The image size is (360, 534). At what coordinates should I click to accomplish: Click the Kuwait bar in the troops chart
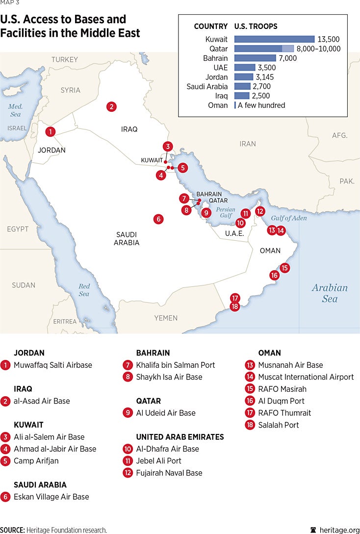tap(274, 39)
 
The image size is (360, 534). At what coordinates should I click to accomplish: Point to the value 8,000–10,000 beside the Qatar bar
tap(318, 49)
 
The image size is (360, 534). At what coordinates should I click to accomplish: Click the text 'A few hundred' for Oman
tap(261, 105)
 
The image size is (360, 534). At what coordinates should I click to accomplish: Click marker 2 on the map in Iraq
tap(112, 106)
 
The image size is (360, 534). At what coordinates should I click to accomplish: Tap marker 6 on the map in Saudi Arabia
tap(158, 219)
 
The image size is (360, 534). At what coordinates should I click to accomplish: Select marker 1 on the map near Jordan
tap(50, 131)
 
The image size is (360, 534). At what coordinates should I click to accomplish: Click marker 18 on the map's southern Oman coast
tap(235, 306)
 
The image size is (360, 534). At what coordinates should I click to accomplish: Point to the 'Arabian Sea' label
tap(330, 293)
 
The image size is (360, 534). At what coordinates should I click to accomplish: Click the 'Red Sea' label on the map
tap(84, 290)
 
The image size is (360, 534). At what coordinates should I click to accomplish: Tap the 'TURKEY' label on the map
tap(64, 60)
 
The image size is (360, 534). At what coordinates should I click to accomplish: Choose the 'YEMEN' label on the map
tap(166, 318)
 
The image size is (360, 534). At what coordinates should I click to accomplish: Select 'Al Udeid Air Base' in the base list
tap(166, 413)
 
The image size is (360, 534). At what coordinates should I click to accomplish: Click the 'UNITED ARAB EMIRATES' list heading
tap(180, 437)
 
